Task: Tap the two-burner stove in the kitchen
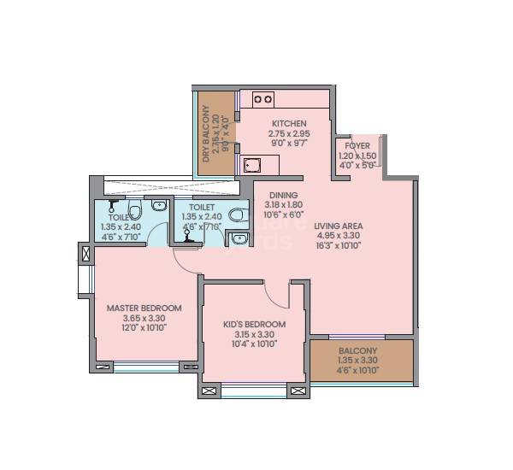262,99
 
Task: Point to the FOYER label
357,146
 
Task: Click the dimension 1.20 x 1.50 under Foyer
357,156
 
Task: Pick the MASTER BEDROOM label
144,308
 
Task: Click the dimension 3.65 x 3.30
144,318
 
